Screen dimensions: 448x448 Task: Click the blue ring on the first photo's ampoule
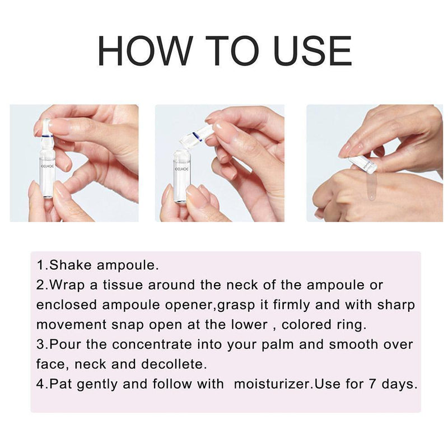click(x=48, y=136)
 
